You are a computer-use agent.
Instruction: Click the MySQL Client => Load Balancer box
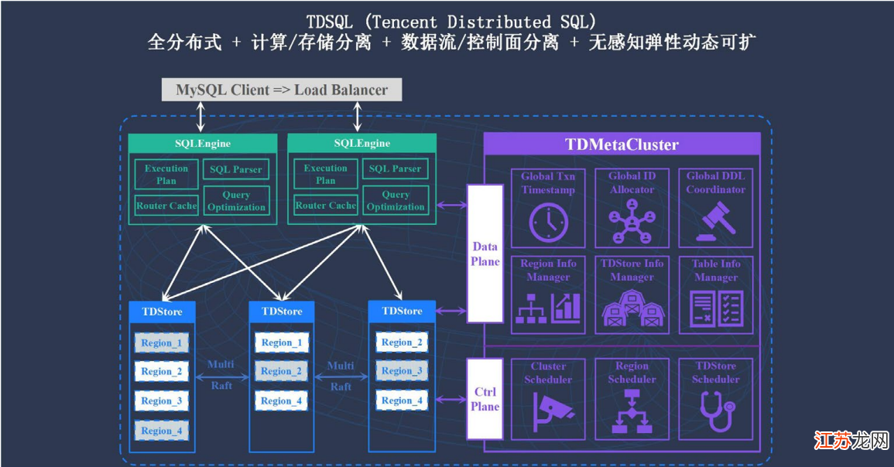[x=282, y=90]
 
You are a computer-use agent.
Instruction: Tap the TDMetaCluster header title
[x=622, y=145]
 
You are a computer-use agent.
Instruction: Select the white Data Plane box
[x=485, y=254]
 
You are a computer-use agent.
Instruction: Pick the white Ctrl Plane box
[x=485, y=399]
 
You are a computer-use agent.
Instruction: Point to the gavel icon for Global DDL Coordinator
[x=716, y=222]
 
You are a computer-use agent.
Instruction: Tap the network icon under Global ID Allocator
[x=632, y=222]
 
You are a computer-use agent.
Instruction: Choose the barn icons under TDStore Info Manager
[x=632, y=308]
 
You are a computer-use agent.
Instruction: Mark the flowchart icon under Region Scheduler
[x=632, y=411]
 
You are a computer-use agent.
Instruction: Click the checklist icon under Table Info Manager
[x=717, y=308]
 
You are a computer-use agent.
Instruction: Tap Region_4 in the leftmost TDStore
[x=161, y=431]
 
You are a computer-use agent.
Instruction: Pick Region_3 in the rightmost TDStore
[x=402, y=371]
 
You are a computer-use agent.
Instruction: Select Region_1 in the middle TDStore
[x=282, y=343]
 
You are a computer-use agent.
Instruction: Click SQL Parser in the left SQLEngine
[x=236, y=169]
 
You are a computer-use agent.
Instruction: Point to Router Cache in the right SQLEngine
[x=326, y=205]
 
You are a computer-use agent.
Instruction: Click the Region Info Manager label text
[x=548, y=270]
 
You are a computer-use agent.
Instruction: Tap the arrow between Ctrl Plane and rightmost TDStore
[x=451, y=400]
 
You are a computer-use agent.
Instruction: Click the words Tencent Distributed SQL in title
[x=480, y=22]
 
